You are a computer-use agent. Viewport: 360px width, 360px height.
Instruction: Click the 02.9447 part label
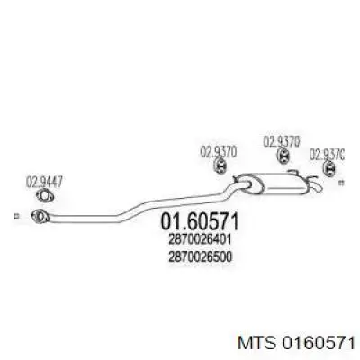pos(44,183)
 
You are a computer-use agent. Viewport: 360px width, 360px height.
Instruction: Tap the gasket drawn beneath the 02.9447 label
pos(44,196)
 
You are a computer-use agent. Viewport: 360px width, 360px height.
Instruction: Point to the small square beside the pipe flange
pos(17,216)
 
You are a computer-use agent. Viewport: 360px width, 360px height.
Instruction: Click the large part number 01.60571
pos(200,221)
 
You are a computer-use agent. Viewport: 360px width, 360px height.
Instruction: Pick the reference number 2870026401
pos(200,239)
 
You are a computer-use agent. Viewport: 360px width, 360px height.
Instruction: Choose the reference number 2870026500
pos(201,257)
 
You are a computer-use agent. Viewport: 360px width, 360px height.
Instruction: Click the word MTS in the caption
pos(256,343)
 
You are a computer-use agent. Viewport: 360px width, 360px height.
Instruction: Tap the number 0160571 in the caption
pos(317,343)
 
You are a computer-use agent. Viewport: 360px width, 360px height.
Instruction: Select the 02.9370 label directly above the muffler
pos(282,142)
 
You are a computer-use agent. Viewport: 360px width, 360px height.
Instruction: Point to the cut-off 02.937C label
pos(327,155)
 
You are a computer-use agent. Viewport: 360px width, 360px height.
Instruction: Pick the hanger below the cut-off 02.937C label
pos(329,167)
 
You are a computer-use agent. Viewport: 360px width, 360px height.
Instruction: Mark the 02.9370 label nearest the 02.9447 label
pos(219,151)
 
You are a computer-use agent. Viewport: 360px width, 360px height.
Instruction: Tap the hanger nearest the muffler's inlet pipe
pos(220,166)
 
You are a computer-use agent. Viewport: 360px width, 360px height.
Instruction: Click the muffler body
pos(273,184)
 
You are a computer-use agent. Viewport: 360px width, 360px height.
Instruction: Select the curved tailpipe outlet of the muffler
pos(317,184)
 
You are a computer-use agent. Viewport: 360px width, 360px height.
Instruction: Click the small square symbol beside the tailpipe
pos(341,182)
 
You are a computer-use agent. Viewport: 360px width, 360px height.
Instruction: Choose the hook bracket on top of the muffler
pos(293,172)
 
